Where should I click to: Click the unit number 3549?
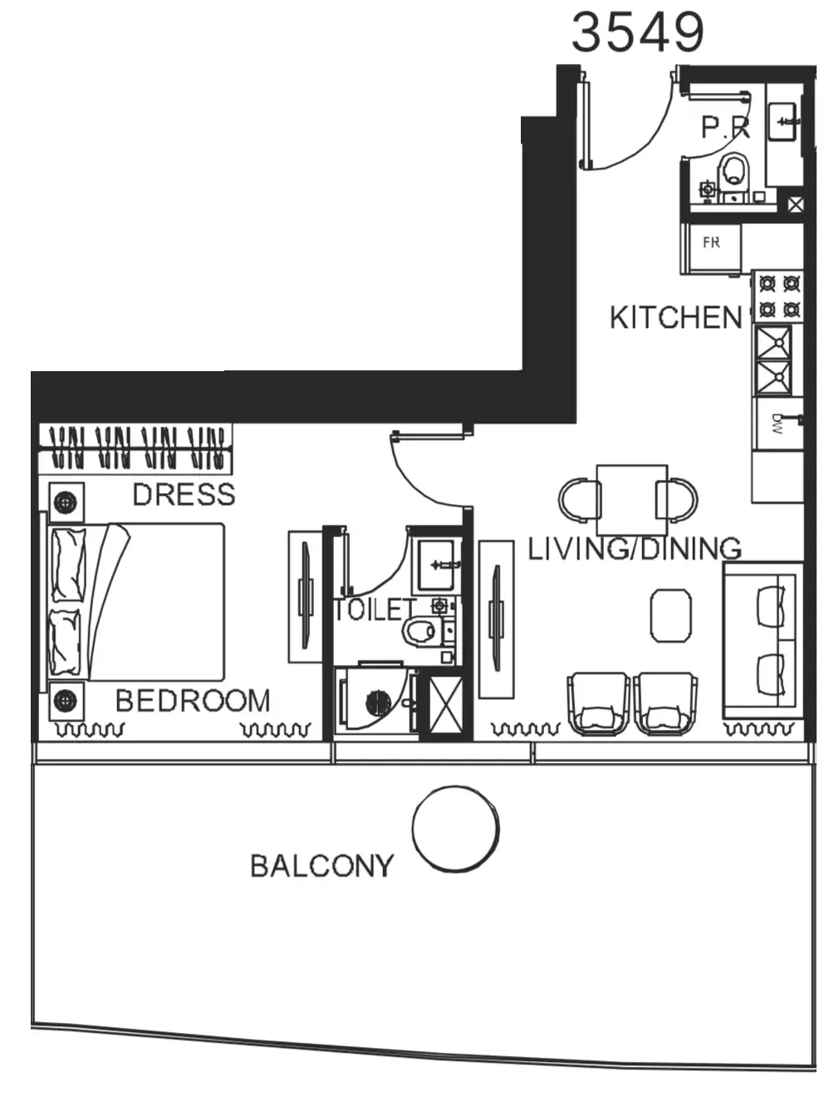pyautogui.click(x=638, y=33)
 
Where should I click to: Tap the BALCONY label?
pyautogui.click(x=322, y=866)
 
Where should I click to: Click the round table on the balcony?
pyautogui.click(x=455, y=829)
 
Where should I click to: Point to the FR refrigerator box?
pyautogui.click(x=711, y=248)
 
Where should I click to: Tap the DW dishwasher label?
pyautogui.click(x=777, y=424)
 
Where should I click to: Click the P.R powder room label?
pyautogui.click(x=726, y=127)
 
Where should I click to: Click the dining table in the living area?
pyautogui.click(x=632, y=500)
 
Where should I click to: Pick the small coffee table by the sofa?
pyautogui.click(x=670, y=615)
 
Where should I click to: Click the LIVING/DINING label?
pyautogui.click(x=635, y=549)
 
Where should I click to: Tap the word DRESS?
pyautogui.click(x=184, y=495)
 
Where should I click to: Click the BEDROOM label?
pyautogui.click(x=193, y=701)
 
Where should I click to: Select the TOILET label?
pyautogui.click(x=375, y=610)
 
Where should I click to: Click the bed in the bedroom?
pyautogui.click(x=136, y=602)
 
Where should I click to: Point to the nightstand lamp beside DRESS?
pyautogui.click(x=66, y=502)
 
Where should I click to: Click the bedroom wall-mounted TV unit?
pyautogui.click(x=305, y=597)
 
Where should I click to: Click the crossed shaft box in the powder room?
pyautogui.click(x=796, y=204)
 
